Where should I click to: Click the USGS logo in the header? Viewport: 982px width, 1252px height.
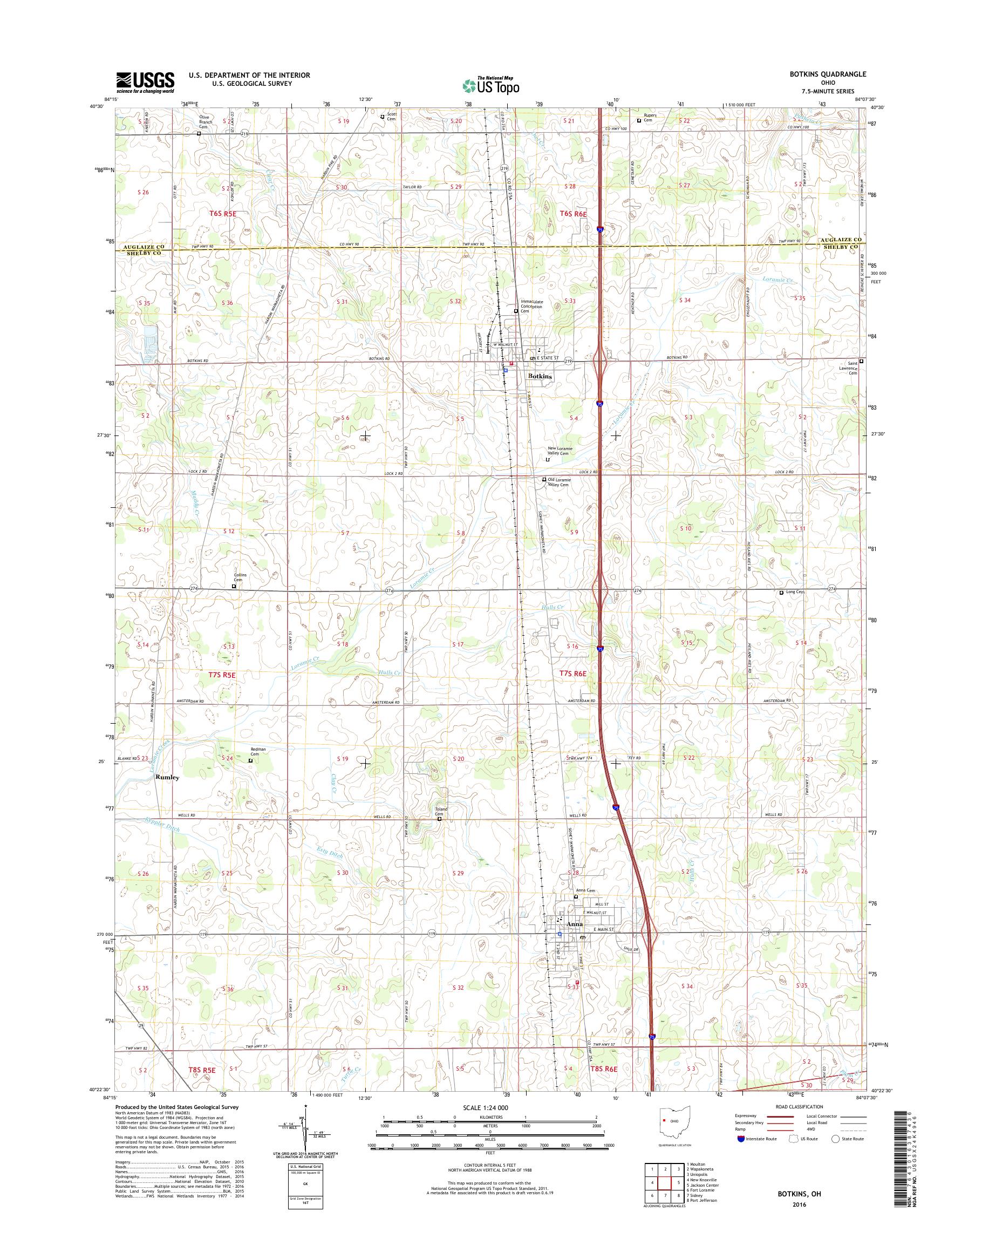(x=145, y=82)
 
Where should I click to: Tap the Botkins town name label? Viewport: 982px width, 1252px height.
(x=540, y=376)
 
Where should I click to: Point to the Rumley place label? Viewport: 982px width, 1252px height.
(x=167, y=777)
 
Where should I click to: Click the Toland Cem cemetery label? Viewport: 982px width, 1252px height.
(x=440, y=812)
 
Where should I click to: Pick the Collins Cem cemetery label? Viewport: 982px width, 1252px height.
(x=241, y=577)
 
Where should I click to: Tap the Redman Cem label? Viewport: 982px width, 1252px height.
(x=257, y=752)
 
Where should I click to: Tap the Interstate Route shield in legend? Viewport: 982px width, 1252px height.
(x=740, y=1139)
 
